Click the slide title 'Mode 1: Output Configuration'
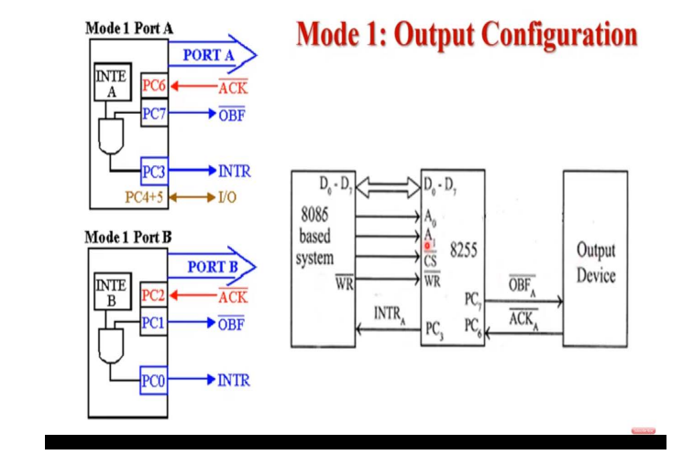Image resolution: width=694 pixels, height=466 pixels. (x=467, y=35)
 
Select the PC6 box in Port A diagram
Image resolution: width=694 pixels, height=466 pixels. (x=152, y=88)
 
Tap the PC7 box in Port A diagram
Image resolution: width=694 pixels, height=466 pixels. (x=152, y=115)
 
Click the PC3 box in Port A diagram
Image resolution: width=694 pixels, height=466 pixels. (x=152, y=171)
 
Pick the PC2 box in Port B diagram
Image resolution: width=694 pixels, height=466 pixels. (x=152, y=296)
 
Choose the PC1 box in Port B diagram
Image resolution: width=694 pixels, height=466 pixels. (x=152, y=323)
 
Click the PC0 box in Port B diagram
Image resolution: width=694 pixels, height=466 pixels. (x=152, y=380)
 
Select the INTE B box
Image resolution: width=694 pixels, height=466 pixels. (x=112, y=293)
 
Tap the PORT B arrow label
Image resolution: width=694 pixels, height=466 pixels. (x=212, y=267)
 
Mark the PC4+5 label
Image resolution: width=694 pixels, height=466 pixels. (x=144, y=196)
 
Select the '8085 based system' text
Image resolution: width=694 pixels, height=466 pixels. (x=316, y=236)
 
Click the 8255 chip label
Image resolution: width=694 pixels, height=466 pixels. (x=464, y=250)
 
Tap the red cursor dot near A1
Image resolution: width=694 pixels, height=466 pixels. (x=427, y=246)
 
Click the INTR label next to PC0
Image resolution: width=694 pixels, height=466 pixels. (x=234, y=380)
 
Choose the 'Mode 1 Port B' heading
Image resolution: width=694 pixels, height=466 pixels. (x=128, y=237)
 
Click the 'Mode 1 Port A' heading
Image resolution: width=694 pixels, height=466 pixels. (x=128, y=28)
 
